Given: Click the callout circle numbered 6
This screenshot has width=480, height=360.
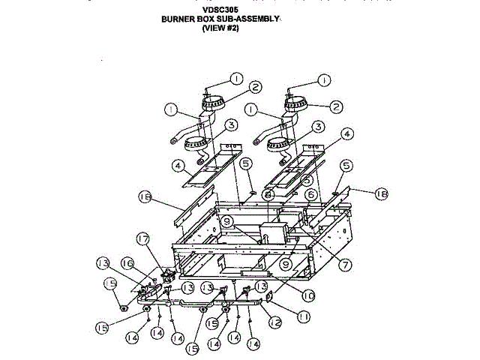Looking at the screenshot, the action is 308,193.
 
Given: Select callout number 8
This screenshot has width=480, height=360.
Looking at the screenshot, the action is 268,194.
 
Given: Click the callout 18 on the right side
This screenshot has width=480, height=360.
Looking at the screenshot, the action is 381,193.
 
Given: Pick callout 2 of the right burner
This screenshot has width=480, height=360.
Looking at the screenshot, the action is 336,106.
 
